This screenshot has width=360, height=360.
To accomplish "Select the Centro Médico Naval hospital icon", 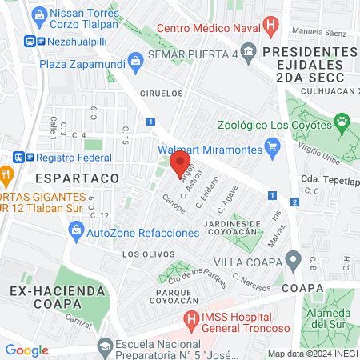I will pyautogui.click(x=271, y=26).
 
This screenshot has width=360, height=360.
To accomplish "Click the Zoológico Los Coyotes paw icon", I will pyautogui.click(x=342, y=122).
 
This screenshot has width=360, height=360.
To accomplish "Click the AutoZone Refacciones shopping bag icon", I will pyautogui.click(x=75, y=232).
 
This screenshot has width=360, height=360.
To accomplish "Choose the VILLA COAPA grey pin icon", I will pyautogui.click(x=294, y=261).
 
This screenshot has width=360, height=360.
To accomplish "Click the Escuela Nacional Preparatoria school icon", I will pyautogui.click(x=104, y=347).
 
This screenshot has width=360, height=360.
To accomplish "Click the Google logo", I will pyautogui.click(x=26, y=350).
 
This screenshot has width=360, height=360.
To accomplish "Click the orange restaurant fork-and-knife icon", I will pyautogui.click(x=6, y=174).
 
